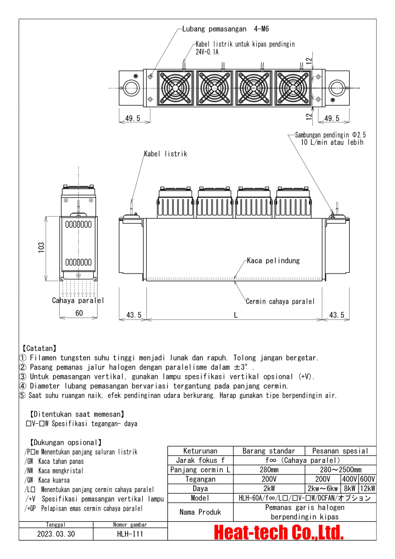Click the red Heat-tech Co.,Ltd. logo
coord(278,532)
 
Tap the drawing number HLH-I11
coord(130,534)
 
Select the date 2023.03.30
coord(56,534)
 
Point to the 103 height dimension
coord(42,248)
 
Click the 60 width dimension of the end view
coord(79,313)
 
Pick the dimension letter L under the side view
coord(235,315)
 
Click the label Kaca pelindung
coord(273,261)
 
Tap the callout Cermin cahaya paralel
coord(280,301)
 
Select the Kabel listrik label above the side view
coord(165,154)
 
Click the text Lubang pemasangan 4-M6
coord(225,29)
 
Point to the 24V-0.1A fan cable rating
coord(207,52)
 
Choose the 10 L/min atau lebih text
coord(332,142)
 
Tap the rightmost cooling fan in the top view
coord(292,88)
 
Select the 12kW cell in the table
coord(367,489)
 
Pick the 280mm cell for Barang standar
coord(269,470)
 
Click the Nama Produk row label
coord(200,512)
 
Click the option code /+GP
coord(31,509)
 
